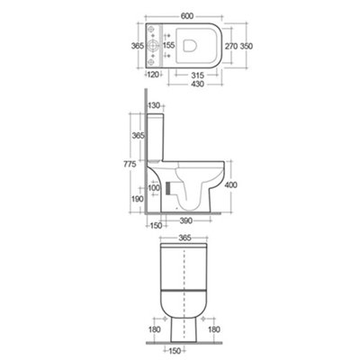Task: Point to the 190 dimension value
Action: click(x=135, y=198)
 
